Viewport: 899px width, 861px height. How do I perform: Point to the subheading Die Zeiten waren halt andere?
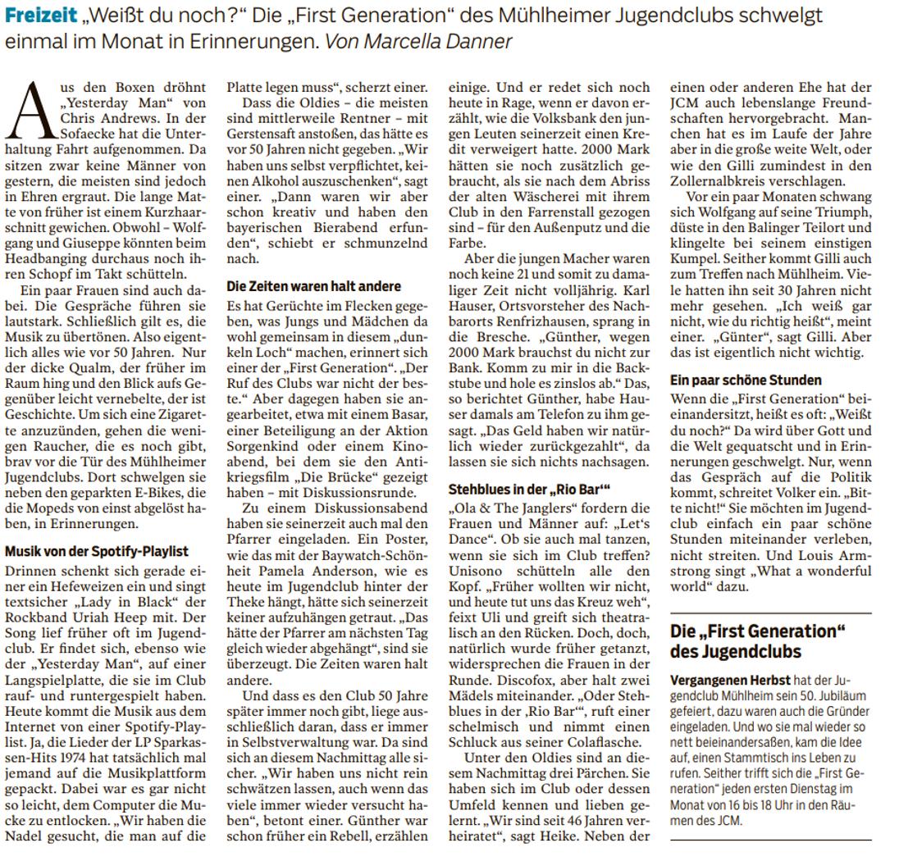pyautogui.click(x=313, y=286)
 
